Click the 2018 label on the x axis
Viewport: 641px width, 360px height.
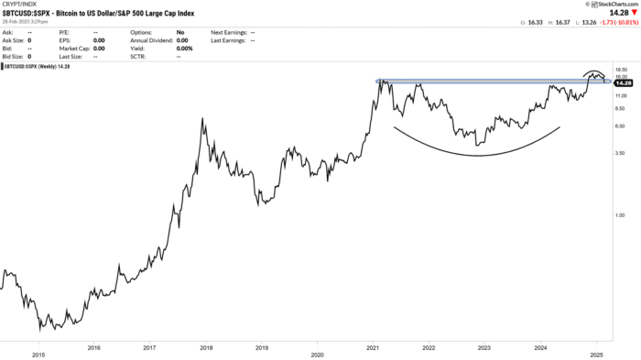pyautogui.click(x=206, y=353)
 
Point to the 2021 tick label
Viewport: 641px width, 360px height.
pyautogui.click(x=373, y=353)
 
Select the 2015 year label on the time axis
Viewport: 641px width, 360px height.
pyautogui.click(x=38, y=353)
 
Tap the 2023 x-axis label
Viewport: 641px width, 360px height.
pyautogui.click(x=484, y=353)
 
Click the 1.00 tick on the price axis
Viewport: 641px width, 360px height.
pyautogui.click(x=620, y=215)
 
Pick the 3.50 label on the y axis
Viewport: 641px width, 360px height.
pyautogui.click(x=620, y=153)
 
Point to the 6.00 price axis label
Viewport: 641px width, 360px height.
pyautogui.click(x=620, y=125)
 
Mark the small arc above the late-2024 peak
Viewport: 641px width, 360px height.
pyautogui.click(x=595, y=73)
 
